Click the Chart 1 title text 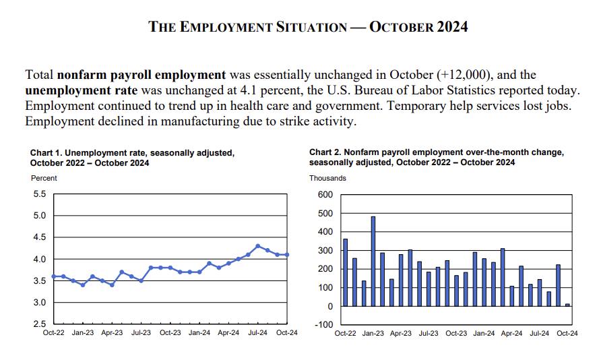coord(132,158)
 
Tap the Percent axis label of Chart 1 coord(44,178)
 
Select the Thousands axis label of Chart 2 coord(327,178)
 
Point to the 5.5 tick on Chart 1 coord(39,194)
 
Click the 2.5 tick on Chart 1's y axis coord(39,324)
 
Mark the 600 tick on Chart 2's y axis coord(325,195)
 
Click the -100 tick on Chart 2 coord(324,325)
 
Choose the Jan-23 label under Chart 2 coord(373,333)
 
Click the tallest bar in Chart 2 coord(373,261)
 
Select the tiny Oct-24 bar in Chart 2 coord(567,305)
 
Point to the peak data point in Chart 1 coord(258,246)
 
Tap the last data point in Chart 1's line coord(287,255)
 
